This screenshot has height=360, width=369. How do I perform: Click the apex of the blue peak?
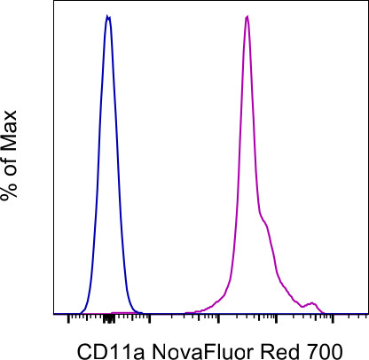107,16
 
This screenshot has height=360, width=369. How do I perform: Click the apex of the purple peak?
247,16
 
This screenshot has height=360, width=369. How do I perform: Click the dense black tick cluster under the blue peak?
107,317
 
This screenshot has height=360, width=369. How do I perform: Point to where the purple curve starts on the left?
184,312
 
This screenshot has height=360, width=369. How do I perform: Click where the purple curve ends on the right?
330,312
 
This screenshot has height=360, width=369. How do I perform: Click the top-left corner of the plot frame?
55,2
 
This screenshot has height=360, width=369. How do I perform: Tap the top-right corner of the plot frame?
367,2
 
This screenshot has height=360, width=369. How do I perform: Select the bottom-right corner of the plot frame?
367,313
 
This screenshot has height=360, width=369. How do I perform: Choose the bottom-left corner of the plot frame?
55,313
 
